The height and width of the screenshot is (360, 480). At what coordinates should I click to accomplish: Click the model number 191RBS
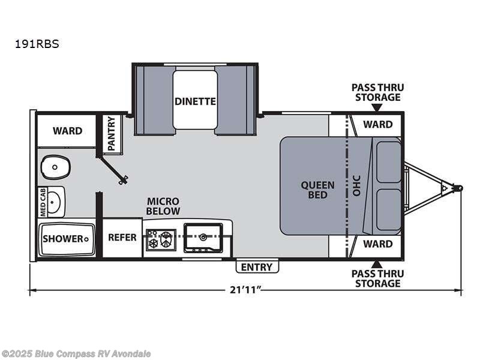43,43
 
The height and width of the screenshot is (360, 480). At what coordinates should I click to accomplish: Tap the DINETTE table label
195,101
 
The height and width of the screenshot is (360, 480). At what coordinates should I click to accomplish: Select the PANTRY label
112,133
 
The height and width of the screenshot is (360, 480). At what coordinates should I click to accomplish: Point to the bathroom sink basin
55,201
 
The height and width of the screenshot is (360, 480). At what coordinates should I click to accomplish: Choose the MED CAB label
43,202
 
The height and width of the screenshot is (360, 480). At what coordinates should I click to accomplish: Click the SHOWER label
62,239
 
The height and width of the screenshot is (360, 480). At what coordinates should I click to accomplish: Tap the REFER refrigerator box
122,238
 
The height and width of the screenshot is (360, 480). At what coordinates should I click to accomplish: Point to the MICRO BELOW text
163,206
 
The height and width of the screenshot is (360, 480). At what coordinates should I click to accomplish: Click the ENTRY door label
257,267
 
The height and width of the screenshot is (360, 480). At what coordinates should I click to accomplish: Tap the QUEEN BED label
314,190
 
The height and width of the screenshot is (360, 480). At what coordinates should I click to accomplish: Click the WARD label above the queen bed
378,125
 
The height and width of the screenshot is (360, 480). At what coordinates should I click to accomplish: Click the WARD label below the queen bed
378,244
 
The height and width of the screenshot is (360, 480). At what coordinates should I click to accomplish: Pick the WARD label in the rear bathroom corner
67,131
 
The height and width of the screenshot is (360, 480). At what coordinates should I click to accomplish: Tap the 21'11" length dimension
245,290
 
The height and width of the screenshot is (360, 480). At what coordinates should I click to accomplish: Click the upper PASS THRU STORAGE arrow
376,108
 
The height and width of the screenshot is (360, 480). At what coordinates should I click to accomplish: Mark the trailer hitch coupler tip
460,188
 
